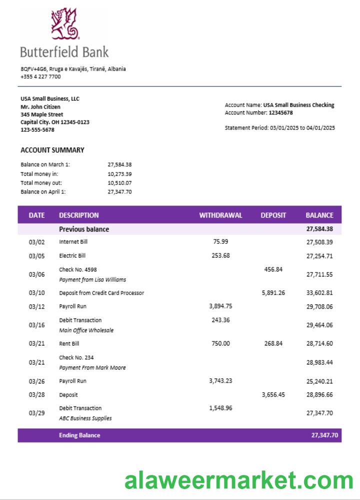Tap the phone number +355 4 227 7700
click(x=40, y=76)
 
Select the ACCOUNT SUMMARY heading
click(x=52, y=150)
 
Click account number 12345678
click(x=280, y=113)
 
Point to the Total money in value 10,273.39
click(x=119, y=173)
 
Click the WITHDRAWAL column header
click(x=220, y=215)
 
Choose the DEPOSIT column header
click(x=273, y=215)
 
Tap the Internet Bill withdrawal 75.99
click(x=220, y=241)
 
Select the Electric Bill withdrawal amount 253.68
click(x=220, y=255)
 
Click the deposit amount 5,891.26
click(x=273, y=293)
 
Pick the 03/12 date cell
click(x=36, y=306)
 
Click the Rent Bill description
click(x=69, y=343)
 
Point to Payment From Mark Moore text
click(x=92, y=367)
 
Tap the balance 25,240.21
click(x=319, y=381)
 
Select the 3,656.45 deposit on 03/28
click(x=273, y=394)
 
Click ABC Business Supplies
click(x=85, y=418)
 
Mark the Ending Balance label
click(x=79, y=435)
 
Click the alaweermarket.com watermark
click(x=239, y=481)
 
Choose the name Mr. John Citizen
click(x=40, y=106)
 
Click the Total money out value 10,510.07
click(x=119, y=182)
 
